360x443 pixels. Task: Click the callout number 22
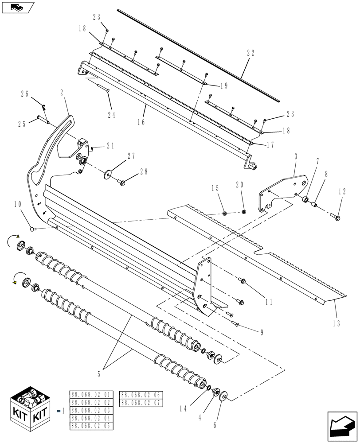(250, 52)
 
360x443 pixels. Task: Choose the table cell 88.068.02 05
(92, 426)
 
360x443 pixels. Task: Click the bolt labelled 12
(335, 217)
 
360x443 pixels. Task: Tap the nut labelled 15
(224, 214)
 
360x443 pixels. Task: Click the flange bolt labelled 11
(243, 280)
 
